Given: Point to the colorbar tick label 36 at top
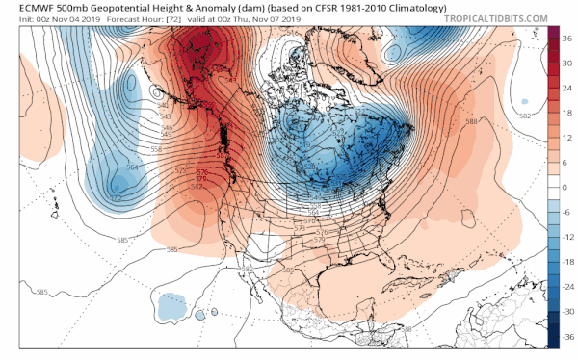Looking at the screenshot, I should (567, 39).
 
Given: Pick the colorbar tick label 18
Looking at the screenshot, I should (567, 114).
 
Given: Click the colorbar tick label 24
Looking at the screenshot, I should (567, 89).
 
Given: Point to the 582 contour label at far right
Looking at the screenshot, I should (525, 116).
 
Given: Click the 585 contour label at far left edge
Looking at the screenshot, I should (41, 292).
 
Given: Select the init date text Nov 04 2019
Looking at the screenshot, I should (59, 18).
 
